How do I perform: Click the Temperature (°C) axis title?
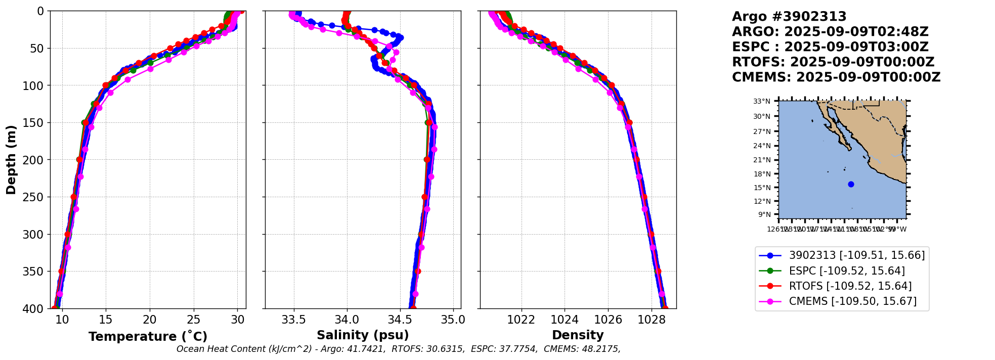click(148, 337)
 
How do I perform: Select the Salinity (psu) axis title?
click(363, 335)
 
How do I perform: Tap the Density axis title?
click(578, 335)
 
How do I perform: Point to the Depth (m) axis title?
click(11, 159)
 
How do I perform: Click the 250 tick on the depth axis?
click(36, 197)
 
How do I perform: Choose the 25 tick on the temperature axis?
click(194, 320)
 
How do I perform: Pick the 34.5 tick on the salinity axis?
click(400, 320)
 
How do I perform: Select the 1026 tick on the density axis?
click(608, 320)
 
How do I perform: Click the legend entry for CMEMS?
click(852, 301)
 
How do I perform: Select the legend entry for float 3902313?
click(856, 255)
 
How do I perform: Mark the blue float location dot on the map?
click(851, 184)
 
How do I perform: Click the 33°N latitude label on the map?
click(762, 102)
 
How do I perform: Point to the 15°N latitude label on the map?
click(762, 188)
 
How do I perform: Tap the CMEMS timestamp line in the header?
click(836, 77)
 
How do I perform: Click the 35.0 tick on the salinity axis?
click(453, 320)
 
